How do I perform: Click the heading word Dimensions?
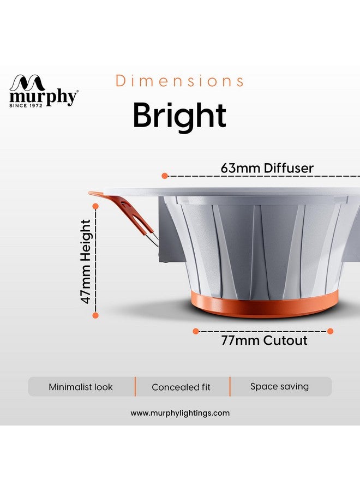180,81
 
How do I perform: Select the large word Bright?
179,115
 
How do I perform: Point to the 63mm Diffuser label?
267,167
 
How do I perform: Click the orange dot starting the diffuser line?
165,176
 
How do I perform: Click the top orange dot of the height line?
95,206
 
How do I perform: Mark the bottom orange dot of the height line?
95,315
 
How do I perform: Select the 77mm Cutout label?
264,341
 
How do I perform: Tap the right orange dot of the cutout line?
331,331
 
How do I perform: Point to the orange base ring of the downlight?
265,304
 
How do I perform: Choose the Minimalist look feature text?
81,387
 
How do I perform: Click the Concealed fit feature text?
181,387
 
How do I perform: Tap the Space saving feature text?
279,386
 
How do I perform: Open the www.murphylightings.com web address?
180,413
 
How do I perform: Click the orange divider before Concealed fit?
135,386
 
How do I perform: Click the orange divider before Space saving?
230,386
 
